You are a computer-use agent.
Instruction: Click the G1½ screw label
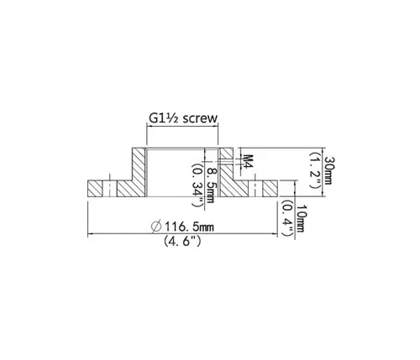tap(183, 118)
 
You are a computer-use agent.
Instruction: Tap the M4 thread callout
tap(248, 161)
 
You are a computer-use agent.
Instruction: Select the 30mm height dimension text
tap(328, 170)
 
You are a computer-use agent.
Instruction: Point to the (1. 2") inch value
tap(315, 170)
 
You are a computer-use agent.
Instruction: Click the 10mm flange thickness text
tap(300, 219)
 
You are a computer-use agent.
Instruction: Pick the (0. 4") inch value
tap(287, 218)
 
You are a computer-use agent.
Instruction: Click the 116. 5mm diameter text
tap(189, 227)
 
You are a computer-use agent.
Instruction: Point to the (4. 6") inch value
tap(182, 241)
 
